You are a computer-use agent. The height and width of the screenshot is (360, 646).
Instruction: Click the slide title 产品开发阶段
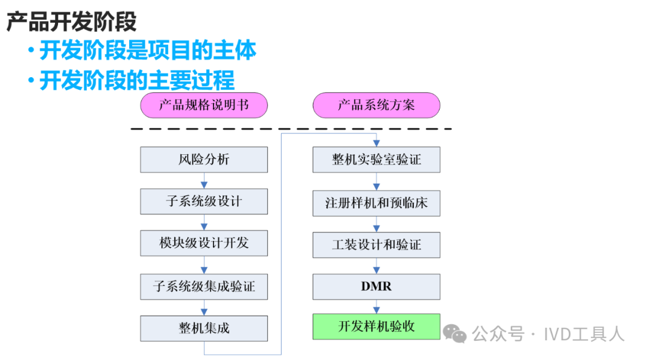71,22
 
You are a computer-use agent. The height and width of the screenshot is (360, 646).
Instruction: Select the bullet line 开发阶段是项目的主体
148,50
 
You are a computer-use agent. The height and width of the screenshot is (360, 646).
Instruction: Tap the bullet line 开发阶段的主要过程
137,80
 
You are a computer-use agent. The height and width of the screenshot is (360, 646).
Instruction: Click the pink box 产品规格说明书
204,106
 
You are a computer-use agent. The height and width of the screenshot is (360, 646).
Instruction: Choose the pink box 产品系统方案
376,106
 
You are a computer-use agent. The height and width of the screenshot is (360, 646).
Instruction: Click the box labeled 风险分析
204,160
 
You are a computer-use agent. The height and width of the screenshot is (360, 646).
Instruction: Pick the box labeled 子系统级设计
204,202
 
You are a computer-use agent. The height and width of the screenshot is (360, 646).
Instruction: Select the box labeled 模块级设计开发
204,243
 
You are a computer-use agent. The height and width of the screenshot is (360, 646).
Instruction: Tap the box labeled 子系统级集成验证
204,286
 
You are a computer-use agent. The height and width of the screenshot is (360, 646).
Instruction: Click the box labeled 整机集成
204,328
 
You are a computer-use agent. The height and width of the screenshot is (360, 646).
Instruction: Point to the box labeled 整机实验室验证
376,160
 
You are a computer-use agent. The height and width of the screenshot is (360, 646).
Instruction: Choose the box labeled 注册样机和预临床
376,203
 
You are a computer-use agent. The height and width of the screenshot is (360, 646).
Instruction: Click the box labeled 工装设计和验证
376,245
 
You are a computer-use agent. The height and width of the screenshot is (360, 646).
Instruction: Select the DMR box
376,286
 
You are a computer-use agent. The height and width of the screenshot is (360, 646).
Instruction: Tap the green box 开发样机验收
376,327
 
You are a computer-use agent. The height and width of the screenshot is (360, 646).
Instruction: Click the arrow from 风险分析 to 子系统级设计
204,181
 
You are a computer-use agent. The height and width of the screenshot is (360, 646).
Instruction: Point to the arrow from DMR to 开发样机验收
376,307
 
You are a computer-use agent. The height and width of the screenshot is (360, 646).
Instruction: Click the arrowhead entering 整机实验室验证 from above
376,144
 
